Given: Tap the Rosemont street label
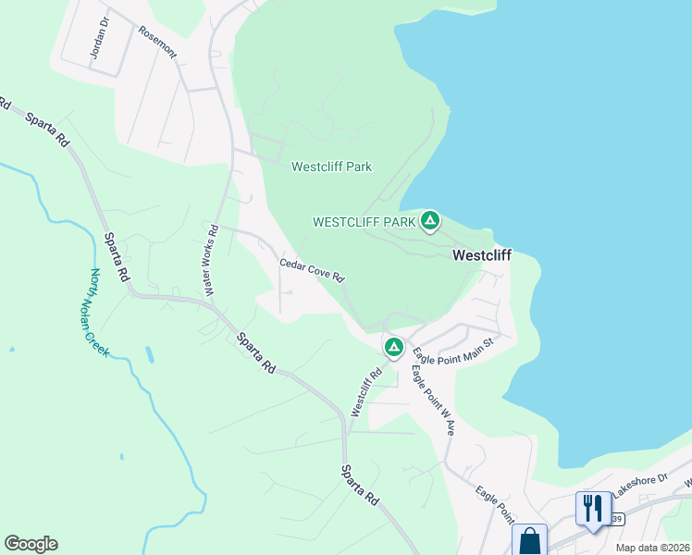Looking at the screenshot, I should (x=157, y=42).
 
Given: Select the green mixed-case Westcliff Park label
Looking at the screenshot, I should (x=331, y=167).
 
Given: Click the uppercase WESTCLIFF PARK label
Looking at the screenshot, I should (x=365, y=222).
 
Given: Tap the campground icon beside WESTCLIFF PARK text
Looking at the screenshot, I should (x=429, y=221).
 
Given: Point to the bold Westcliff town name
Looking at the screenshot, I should (x=481, y=255).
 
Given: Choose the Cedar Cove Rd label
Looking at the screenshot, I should (x=313, y=270).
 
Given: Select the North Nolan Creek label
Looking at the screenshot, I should (x=99, y=314).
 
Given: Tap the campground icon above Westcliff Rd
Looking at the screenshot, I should (x=393, y=347).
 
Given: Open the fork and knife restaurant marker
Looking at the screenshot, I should (x=593, y=508).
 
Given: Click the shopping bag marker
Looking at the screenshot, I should (x=530, y=540).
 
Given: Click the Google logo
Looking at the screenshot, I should (x=31, y=544).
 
